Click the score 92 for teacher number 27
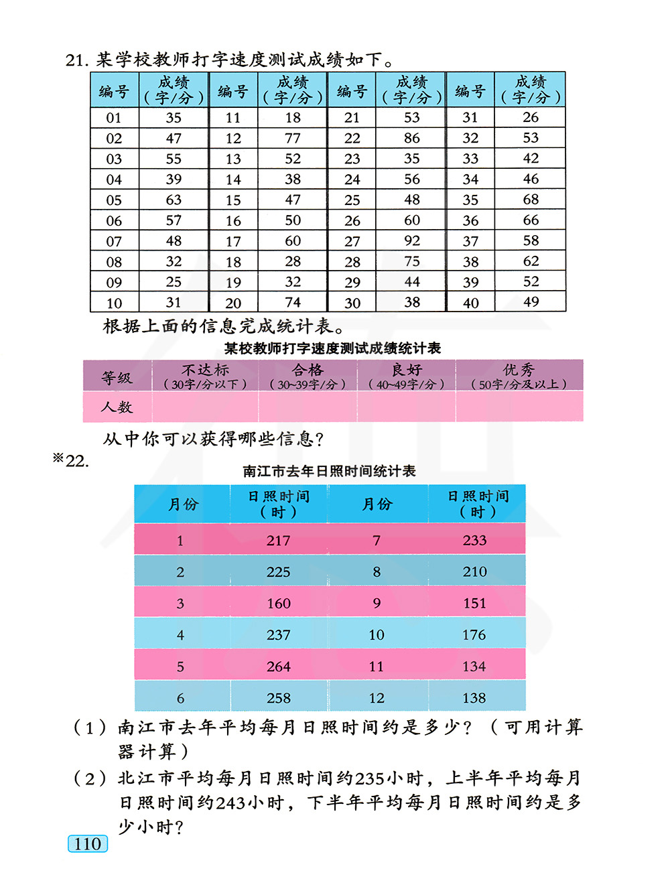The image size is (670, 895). (x=412, y=240)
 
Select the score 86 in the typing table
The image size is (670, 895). (x=412, y=138)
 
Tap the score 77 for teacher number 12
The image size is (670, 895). (x=293, y=138)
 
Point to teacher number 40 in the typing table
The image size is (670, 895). (x=471, y=303)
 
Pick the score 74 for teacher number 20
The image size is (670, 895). (x=293, y=302)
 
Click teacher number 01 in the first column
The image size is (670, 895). (x=114, y=118)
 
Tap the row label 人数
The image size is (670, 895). (x=117, y=407)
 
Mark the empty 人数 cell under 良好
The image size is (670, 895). (x=406, y=407)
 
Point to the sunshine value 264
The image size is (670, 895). (x=279, y=667)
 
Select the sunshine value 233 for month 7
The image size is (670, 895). (x=475, y=540)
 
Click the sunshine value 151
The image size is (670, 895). (x=475, y=603)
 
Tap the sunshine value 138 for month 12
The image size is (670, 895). (x=474, y=698)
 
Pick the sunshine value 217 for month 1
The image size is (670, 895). (x=279, y=541)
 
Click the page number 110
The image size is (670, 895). (x=88, y=844)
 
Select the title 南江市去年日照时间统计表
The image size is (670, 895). (x=329, y=471)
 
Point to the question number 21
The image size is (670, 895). (x=76, y=60)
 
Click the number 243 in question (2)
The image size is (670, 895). (x=230, y=803)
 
